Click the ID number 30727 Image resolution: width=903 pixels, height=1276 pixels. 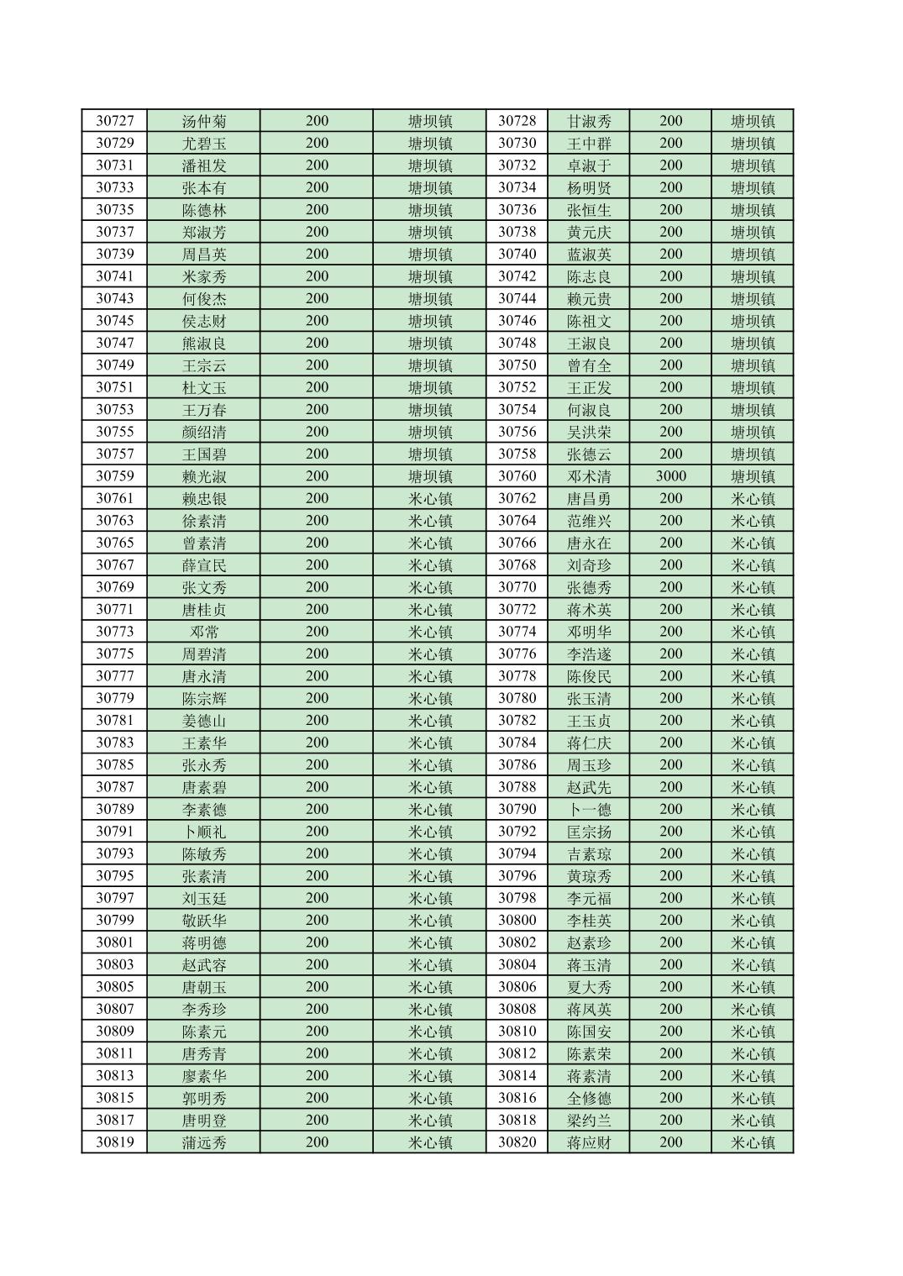click(114, 121)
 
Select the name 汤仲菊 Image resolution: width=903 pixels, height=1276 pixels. click(204, 121)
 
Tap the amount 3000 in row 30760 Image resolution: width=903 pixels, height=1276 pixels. click(670, 476)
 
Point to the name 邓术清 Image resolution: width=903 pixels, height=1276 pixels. click(589, 476)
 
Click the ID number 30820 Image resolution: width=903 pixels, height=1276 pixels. click(517, 1142)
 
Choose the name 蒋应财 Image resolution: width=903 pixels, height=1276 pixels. click(589, 1142)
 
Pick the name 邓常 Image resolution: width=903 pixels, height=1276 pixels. click(204, 632)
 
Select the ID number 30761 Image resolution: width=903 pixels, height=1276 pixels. click(114, 498)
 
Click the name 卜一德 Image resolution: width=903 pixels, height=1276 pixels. click(589, 809)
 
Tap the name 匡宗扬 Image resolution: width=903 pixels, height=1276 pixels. click(589, 832)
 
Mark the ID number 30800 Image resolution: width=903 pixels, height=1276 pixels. click(517, 920)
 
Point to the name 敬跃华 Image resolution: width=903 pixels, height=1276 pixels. click(204, 920)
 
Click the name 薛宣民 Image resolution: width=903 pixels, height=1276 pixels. click(204, 565)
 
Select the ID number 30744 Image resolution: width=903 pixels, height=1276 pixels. click(517, 298)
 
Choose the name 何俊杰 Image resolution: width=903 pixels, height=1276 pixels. click(204, 298)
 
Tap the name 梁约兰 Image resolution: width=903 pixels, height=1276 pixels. click(589, 1120)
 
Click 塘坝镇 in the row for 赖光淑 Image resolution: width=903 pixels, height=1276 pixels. click(430, 476)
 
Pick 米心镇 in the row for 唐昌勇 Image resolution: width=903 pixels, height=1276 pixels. click(753, 498)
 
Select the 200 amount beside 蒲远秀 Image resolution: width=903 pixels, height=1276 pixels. click(317, 1142)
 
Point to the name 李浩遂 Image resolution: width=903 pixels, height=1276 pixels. click(589, 654)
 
